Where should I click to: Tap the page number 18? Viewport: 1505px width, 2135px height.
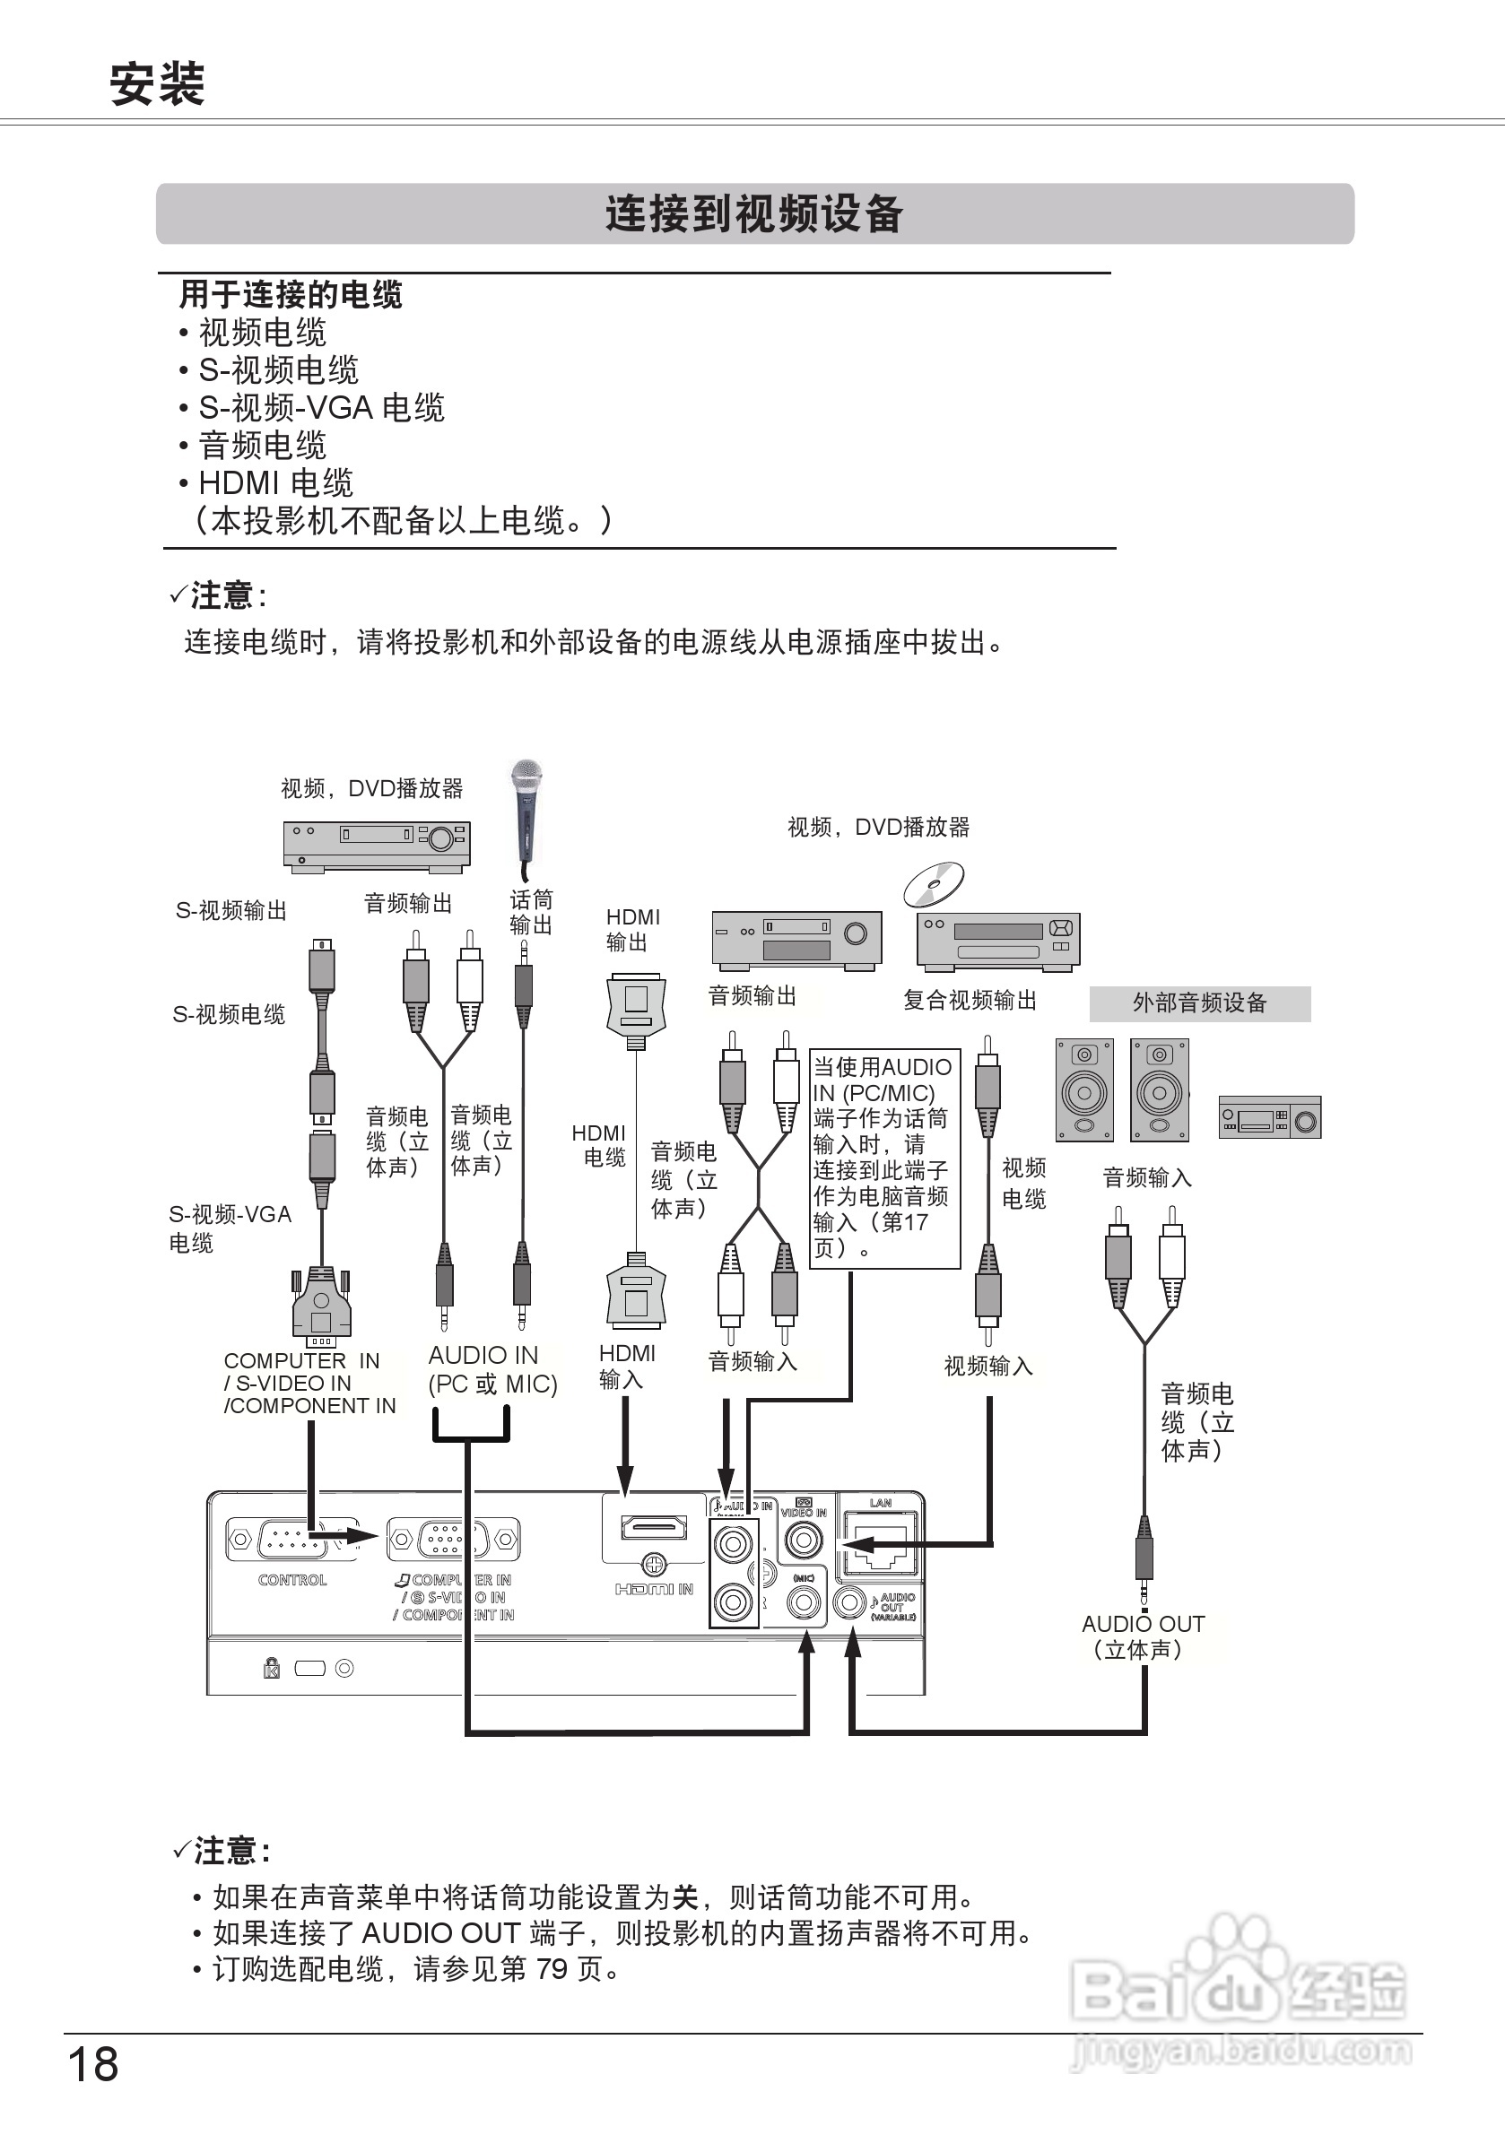coord(93,2064)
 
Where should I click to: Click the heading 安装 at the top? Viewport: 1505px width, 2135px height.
coord(156,83)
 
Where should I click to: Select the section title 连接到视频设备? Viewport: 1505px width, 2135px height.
coord(753,214)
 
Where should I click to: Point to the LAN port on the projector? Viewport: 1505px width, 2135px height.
coord(880,1543)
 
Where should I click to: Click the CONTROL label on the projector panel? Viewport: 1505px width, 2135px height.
coord(292,1580)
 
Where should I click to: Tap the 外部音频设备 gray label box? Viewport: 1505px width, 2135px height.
coord(1199,1003)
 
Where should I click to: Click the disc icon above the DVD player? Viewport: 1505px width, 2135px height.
coord(934,884)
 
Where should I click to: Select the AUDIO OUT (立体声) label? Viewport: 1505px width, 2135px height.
coord(1143,1636)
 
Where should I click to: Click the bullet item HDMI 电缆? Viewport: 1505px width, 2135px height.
coord(275,483)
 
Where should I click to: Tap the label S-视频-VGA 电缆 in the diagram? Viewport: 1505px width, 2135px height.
coord(229,1228)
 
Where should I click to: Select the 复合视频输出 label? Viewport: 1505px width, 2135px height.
coord(970,1001)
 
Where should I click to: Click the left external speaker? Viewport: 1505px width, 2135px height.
coord(1084,1089)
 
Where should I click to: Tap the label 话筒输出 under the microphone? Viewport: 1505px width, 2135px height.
coord(531,912)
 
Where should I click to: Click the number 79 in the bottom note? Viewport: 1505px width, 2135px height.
coord(552,1968)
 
